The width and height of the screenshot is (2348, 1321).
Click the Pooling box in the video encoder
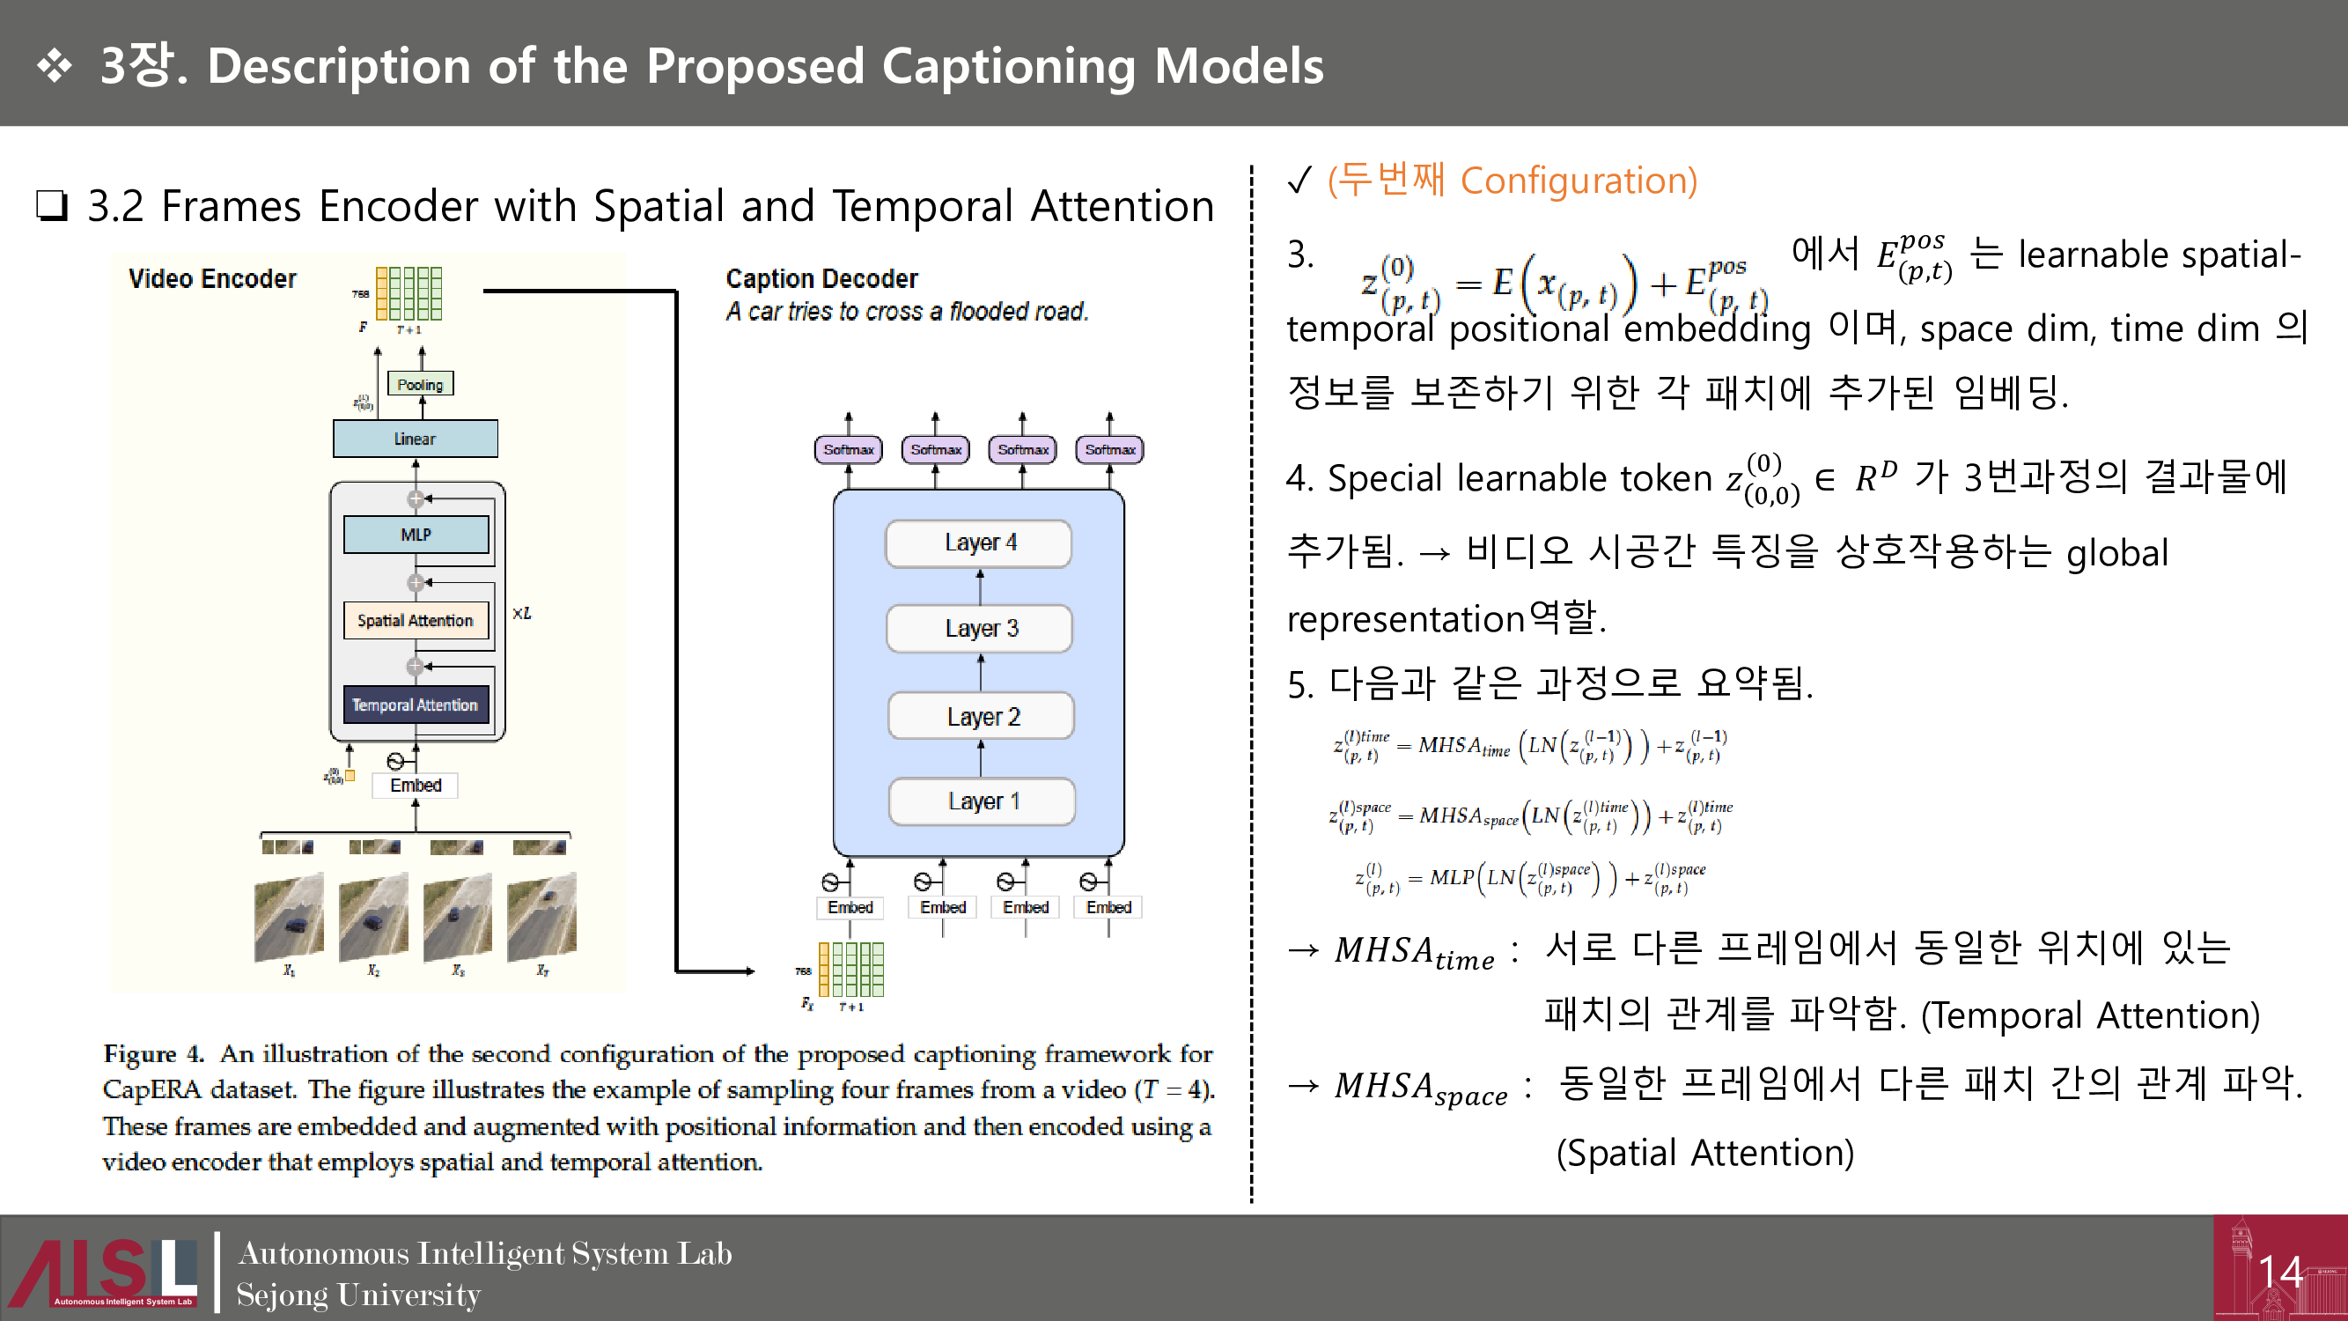(x=420, y=384)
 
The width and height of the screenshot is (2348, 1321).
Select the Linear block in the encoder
(x=415, y=439)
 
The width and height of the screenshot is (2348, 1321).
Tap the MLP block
(x=416, y=535)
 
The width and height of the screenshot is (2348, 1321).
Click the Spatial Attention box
(x=416, y=620)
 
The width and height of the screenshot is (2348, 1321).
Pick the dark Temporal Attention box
(x=416, y=705)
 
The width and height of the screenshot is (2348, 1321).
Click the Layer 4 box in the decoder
(x=979, y=543)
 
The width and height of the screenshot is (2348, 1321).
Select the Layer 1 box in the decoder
(x=982, y=801)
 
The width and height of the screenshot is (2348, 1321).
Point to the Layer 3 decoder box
(x=980, y=628)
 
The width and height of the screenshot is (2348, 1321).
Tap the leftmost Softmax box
(x=848, y=449)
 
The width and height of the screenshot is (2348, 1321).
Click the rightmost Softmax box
(x=1109, y=449)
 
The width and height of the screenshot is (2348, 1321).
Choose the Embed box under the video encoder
(x=416, y=785)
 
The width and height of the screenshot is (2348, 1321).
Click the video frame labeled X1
(x=289, y=917)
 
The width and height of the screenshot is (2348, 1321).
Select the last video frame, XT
(x=542, y=917)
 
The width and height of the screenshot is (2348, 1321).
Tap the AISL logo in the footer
(x=105, y=1271)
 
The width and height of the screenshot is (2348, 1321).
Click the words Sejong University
(x=358, y=1295)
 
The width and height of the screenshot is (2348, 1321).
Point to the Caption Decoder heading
(x=821, y=278)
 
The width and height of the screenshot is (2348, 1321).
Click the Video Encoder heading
(x=212, y=278)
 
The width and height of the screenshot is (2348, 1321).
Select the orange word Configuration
(x=1579, y=181)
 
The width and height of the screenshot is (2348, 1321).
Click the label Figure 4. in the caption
(x=153, y=1054)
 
